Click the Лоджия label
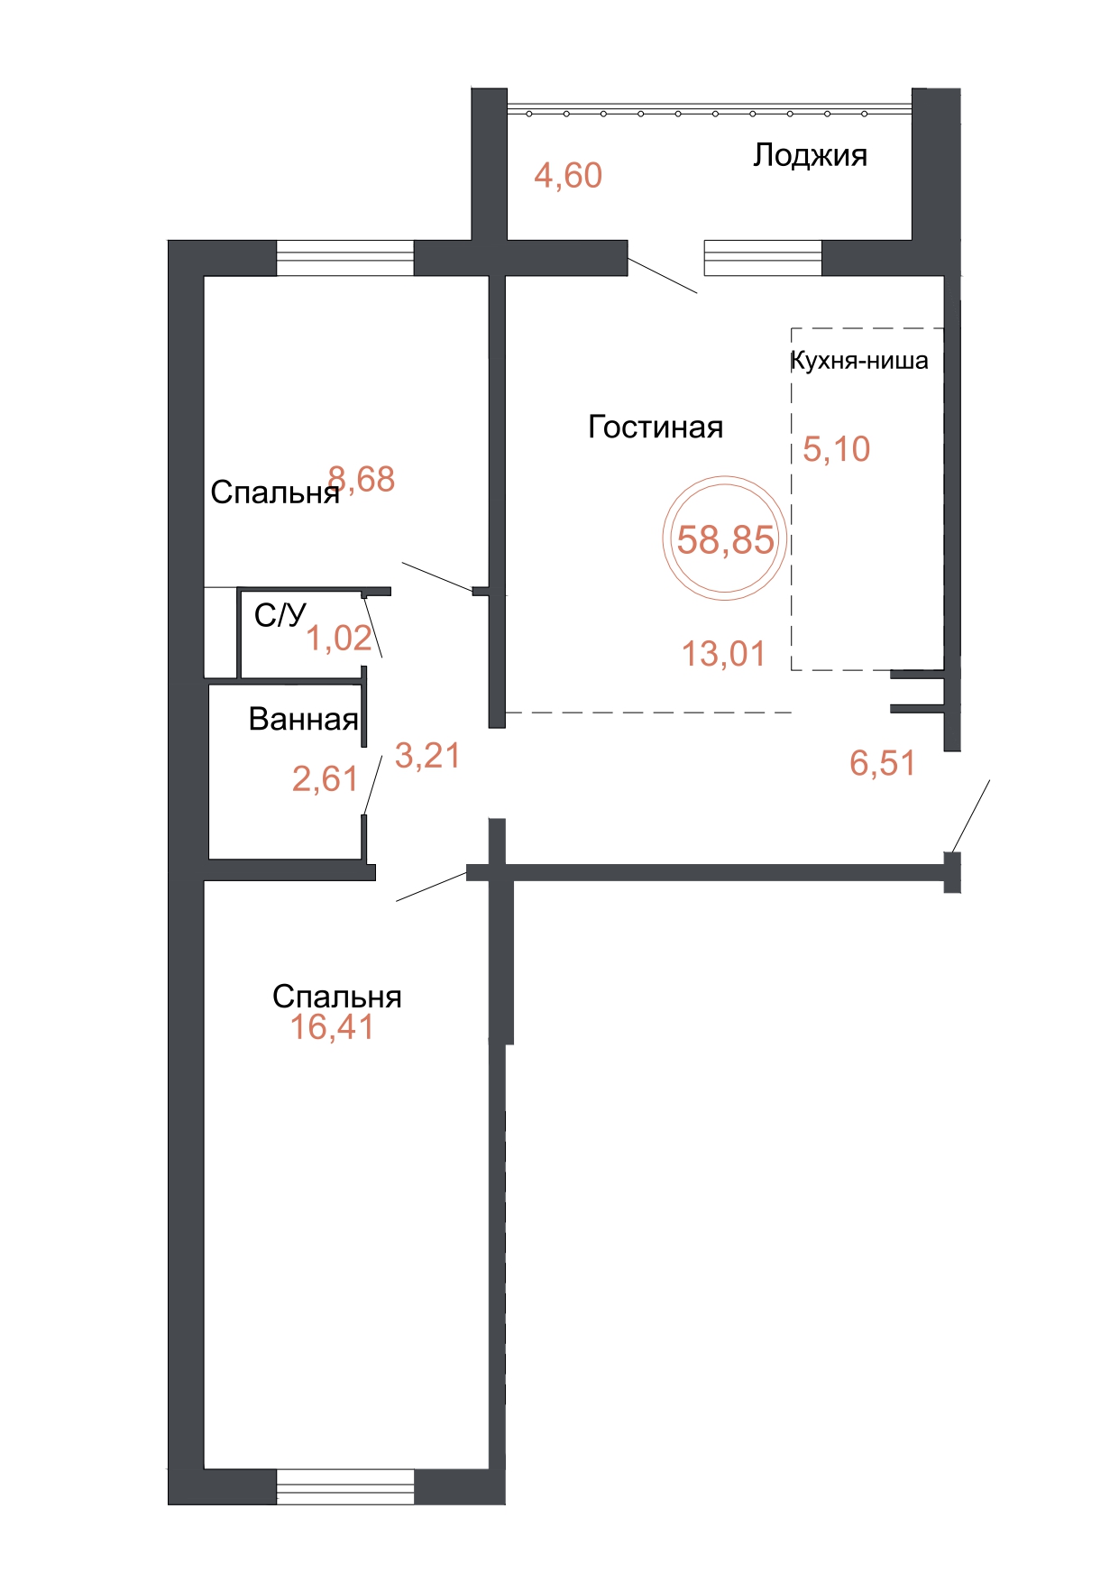click(810, 156)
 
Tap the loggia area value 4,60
click(568, 175)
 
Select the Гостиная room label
click(656, 427)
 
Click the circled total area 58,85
click(725, 539)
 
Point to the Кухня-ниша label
click(859, 361)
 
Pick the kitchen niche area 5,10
click(837, 448)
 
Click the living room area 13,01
click(723, 653)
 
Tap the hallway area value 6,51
click(882, 763)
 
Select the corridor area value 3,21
click(427, 756)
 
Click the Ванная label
click(304, 719)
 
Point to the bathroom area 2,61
click(325, 778)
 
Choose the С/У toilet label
click(280, 615)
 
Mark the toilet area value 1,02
click(339, 638)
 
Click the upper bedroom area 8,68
click(362, 479)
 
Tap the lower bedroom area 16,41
click(332, 1026)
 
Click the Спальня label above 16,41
click(337, 996)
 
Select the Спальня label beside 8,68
click(275, 492)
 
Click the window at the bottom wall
click(345, 1486)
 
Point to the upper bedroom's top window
click(345, 258)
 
